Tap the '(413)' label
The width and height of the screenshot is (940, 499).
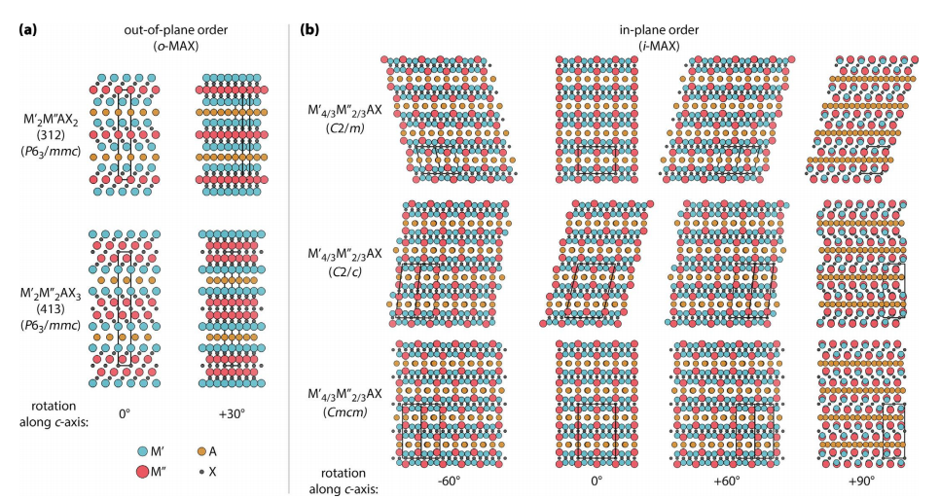(x=56, y=304)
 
